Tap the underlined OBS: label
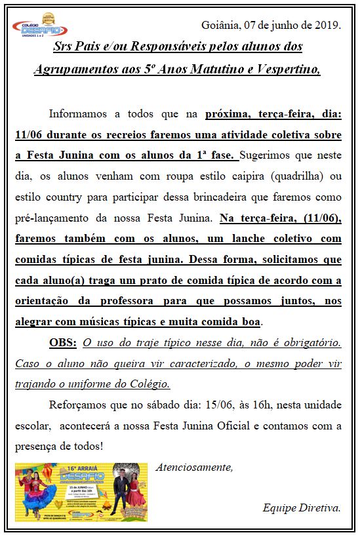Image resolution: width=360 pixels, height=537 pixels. (63, 343)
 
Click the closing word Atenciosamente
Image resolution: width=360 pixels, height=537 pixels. (194, 467)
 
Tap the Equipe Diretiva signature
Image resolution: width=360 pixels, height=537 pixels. (301, 508)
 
